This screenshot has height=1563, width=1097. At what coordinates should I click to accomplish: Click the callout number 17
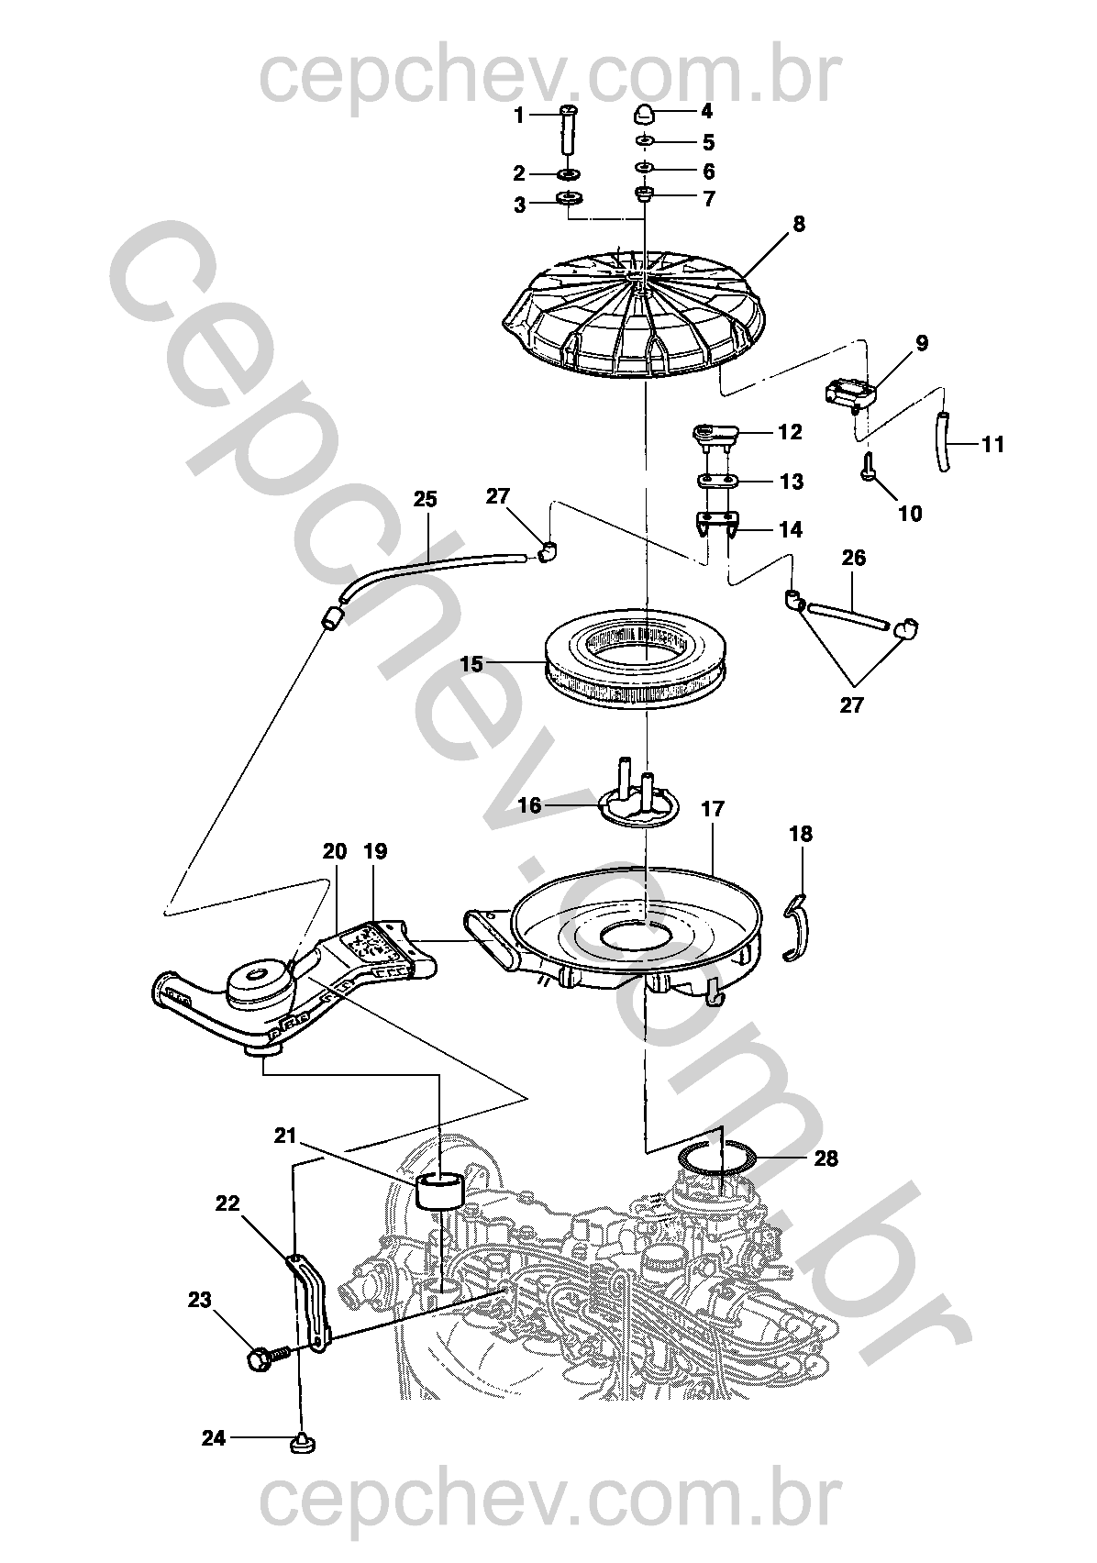tap(712, 810)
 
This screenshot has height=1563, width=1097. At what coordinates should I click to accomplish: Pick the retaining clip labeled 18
tap(798, 928)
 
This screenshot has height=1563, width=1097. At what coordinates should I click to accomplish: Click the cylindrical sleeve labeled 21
tap(442, 1192)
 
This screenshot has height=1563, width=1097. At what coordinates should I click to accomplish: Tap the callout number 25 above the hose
tap(425, 501)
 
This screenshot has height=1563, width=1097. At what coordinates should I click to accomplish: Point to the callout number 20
tap(335, 852)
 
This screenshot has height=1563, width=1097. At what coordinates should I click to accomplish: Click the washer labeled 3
tap(571, 199)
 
